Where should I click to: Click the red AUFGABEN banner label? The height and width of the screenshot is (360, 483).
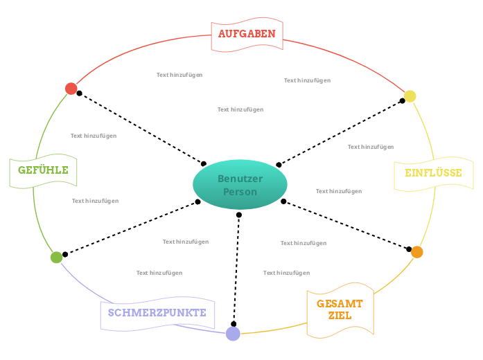point(247,34)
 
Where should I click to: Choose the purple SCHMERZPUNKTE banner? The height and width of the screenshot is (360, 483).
point(157,313)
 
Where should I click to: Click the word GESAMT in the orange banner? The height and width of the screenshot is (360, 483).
point(340,304)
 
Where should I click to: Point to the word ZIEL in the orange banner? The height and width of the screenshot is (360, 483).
point(340,316)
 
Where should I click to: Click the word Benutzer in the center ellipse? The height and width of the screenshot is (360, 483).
point(240,179)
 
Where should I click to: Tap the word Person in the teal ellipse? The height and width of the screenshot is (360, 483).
point(240,192)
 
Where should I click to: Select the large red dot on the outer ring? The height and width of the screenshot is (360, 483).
point(71,88)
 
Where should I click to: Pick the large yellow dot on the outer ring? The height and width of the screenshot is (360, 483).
point(410,96)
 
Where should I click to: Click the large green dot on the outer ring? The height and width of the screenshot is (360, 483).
point(56,257)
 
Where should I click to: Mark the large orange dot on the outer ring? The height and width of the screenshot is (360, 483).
point(416,252)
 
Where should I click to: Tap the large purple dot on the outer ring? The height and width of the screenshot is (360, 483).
point(233,334)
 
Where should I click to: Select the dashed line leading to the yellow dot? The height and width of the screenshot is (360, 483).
point(340,133)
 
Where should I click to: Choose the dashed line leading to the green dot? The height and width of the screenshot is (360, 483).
point(132,228)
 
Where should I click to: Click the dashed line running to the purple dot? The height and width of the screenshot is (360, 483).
point(236,270)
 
